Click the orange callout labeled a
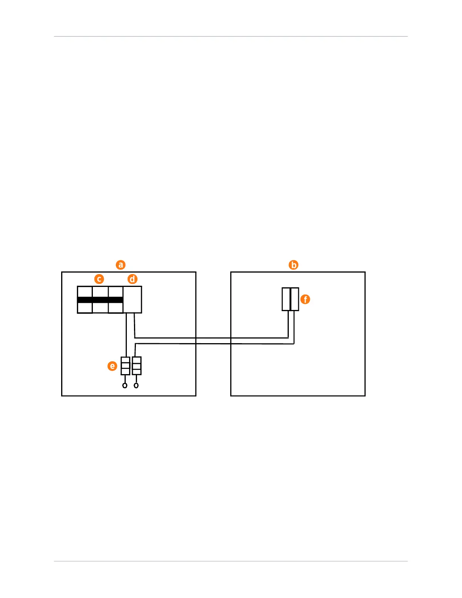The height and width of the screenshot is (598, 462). point(120,265)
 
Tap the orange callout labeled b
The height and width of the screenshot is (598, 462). point(293,265)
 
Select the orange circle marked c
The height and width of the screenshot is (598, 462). point(99,279)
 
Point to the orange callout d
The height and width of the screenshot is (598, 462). point(132,279)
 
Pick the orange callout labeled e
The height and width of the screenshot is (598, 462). point(112,366)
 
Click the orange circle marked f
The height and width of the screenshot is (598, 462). point(305,299)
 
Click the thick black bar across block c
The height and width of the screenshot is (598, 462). point(100,300)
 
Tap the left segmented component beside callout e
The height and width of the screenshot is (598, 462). point(125,366)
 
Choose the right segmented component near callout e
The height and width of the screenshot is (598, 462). point(137,366)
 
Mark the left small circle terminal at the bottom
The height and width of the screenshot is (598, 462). point(125,385)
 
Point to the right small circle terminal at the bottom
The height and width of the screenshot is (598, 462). point(136,385)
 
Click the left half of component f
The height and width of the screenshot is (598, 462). point(286,299)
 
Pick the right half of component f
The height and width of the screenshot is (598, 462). point(294,299)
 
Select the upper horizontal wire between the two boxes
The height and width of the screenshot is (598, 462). point(213,338)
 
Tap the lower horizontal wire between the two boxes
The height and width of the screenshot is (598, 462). point(213,344)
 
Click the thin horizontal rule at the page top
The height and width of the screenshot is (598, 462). point(231,37)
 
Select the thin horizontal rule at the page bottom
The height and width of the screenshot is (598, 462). point(231,561)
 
